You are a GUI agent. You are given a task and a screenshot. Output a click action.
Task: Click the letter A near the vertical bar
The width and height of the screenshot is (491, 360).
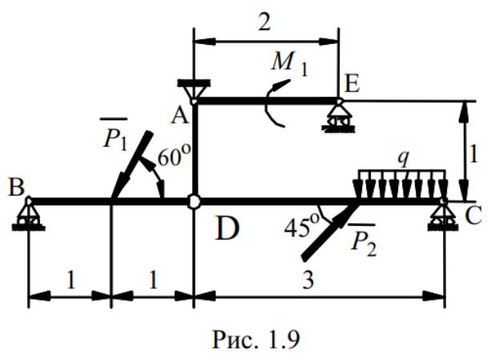179,116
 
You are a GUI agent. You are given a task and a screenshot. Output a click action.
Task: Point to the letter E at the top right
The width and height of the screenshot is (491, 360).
350,84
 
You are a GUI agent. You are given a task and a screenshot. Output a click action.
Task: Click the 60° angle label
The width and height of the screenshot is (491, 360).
171,157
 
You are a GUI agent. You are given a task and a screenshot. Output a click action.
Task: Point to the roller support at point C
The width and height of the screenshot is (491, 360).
445,214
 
